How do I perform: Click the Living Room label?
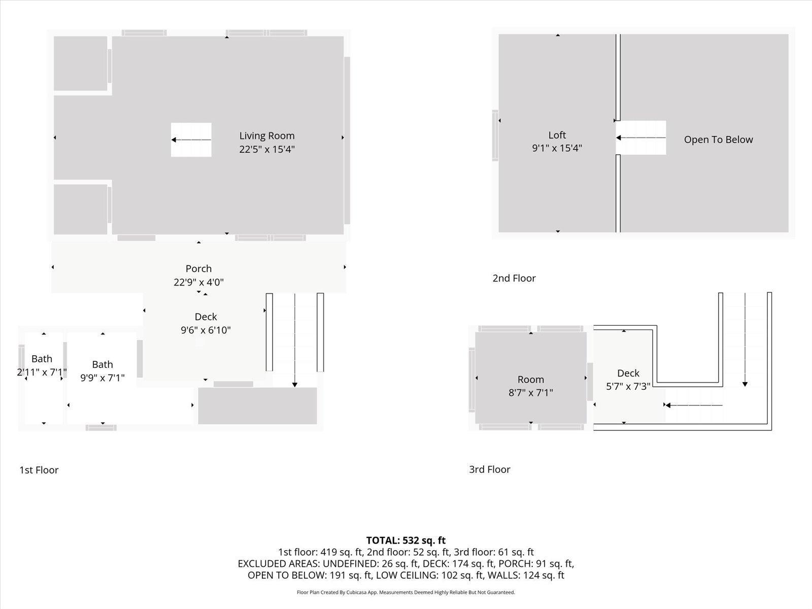(x=267, y=136)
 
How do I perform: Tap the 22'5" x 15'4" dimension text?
(x=267, y=149)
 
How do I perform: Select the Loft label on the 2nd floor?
(x=557, y=135)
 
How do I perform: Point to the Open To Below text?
(x=719, y=140)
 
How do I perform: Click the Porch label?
(x=198, y=269)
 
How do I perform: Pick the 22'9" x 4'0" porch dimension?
(x=198, y=283)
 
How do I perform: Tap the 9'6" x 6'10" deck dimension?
(x=206, y=330)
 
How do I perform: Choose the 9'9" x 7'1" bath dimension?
(x=103, y=378)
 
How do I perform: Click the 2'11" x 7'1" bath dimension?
(x=42, y=372)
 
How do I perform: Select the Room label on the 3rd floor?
(x=530, y=380)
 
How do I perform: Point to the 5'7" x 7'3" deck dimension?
(x=628, y=386)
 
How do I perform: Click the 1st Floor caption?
(x=39, y=470)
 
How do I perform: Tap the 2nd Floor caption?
(x=514, y=278)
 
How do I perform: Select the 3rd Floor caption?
(x=489, y=469)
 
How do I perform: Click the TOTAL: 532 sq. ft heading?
(x=406, y=540)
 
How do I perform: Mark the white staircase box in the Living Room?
(x=191, y=140)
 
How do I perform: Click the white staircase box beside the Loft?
(x=641, y=138)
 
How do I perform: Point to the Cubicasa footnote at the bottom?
(x=406, y=592)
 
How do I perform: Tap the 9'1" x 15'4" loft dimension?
(x=557, y=148)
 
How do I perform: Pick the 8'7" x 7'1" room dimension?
(x=530, y=393)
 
